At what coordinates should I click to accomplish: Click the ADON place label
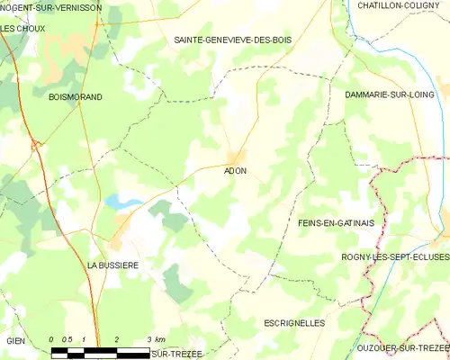pyautogui.click(x=235, y=170)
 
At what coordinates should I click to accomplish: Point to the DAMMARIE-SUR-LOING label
pyautogui.click(x=390, y=94)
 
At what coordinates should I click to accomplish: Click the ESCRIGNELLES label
pyautogui.click(x=295, y=321)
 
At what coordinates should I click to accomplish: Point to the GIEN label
pyautogui.click(x=15, y=341)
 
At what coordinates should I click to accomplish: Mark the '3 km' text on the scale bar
pyautogui.click(x=156, y=339)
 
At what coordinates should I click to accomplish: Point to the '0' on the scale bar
pyautogui.click(x=52, y=339)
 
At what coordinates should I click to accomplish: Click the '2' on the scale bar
pyautogui.click(x=116, y=339)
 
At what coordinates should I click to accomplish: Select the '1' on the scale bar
pyautogui.click(x=83, y=339)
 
